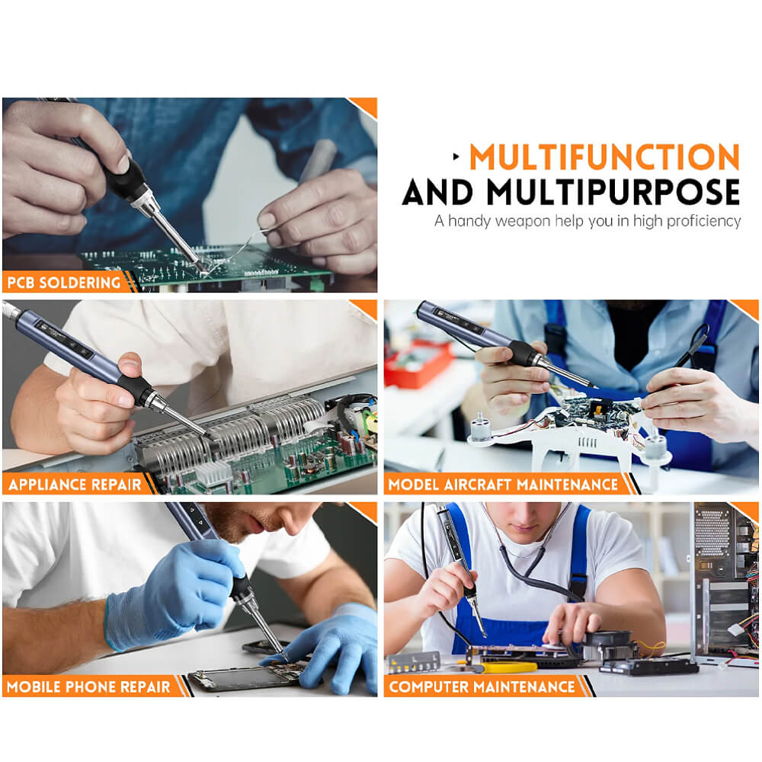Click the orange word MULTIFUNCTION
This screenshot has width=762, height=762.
click(x=604, y=156)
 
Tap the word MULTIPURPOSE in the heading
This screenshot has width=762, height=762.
click(x=613, y=192)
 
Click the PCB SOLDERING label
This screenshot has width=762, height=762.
click(x=64, y=283)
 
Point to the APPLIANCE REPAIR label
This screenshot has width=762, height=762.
click(x=75, y=485)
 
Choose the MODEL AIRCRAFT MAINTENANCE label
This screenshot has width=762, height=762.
click(x=503, y=485)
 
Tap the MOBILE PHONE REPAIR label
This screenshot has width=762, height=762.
click(x=88, y=687)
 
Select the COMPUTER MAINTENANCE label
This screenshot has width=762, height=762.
click(x=482, y=687)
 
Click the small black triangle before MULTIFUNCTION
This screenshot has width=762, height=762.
click(x=456, y=156)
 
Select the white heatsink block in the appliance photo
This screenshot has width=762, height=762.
click(x=214, y=473)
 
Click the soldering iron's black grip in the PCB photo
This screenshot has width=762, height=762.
click(x=127, y=179)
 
